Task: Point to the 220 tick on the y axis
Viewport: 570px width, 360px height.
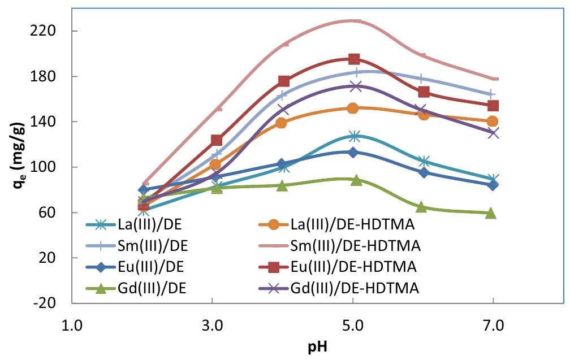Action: (51, 31)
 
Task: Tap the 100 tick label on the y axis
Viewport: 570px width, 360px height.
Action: (51, 167)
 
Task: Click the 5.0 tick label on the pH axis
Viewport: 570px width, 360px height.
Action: (353, 326)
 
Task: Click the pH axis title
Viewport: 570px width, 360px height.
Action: (318, 347)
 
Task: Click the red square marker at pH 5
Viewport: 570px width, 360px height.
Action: (354, 59)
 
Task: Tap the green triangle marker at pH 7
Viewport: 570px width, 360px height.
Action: (491, 213)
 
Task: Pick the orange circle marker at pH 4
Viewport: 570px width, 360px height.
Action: (281, 123)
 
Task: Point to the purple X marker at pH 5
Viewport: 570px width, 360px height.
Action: (355, 86)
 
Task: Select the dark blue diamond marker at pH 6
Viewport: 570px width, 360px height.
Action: (422, 172)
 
